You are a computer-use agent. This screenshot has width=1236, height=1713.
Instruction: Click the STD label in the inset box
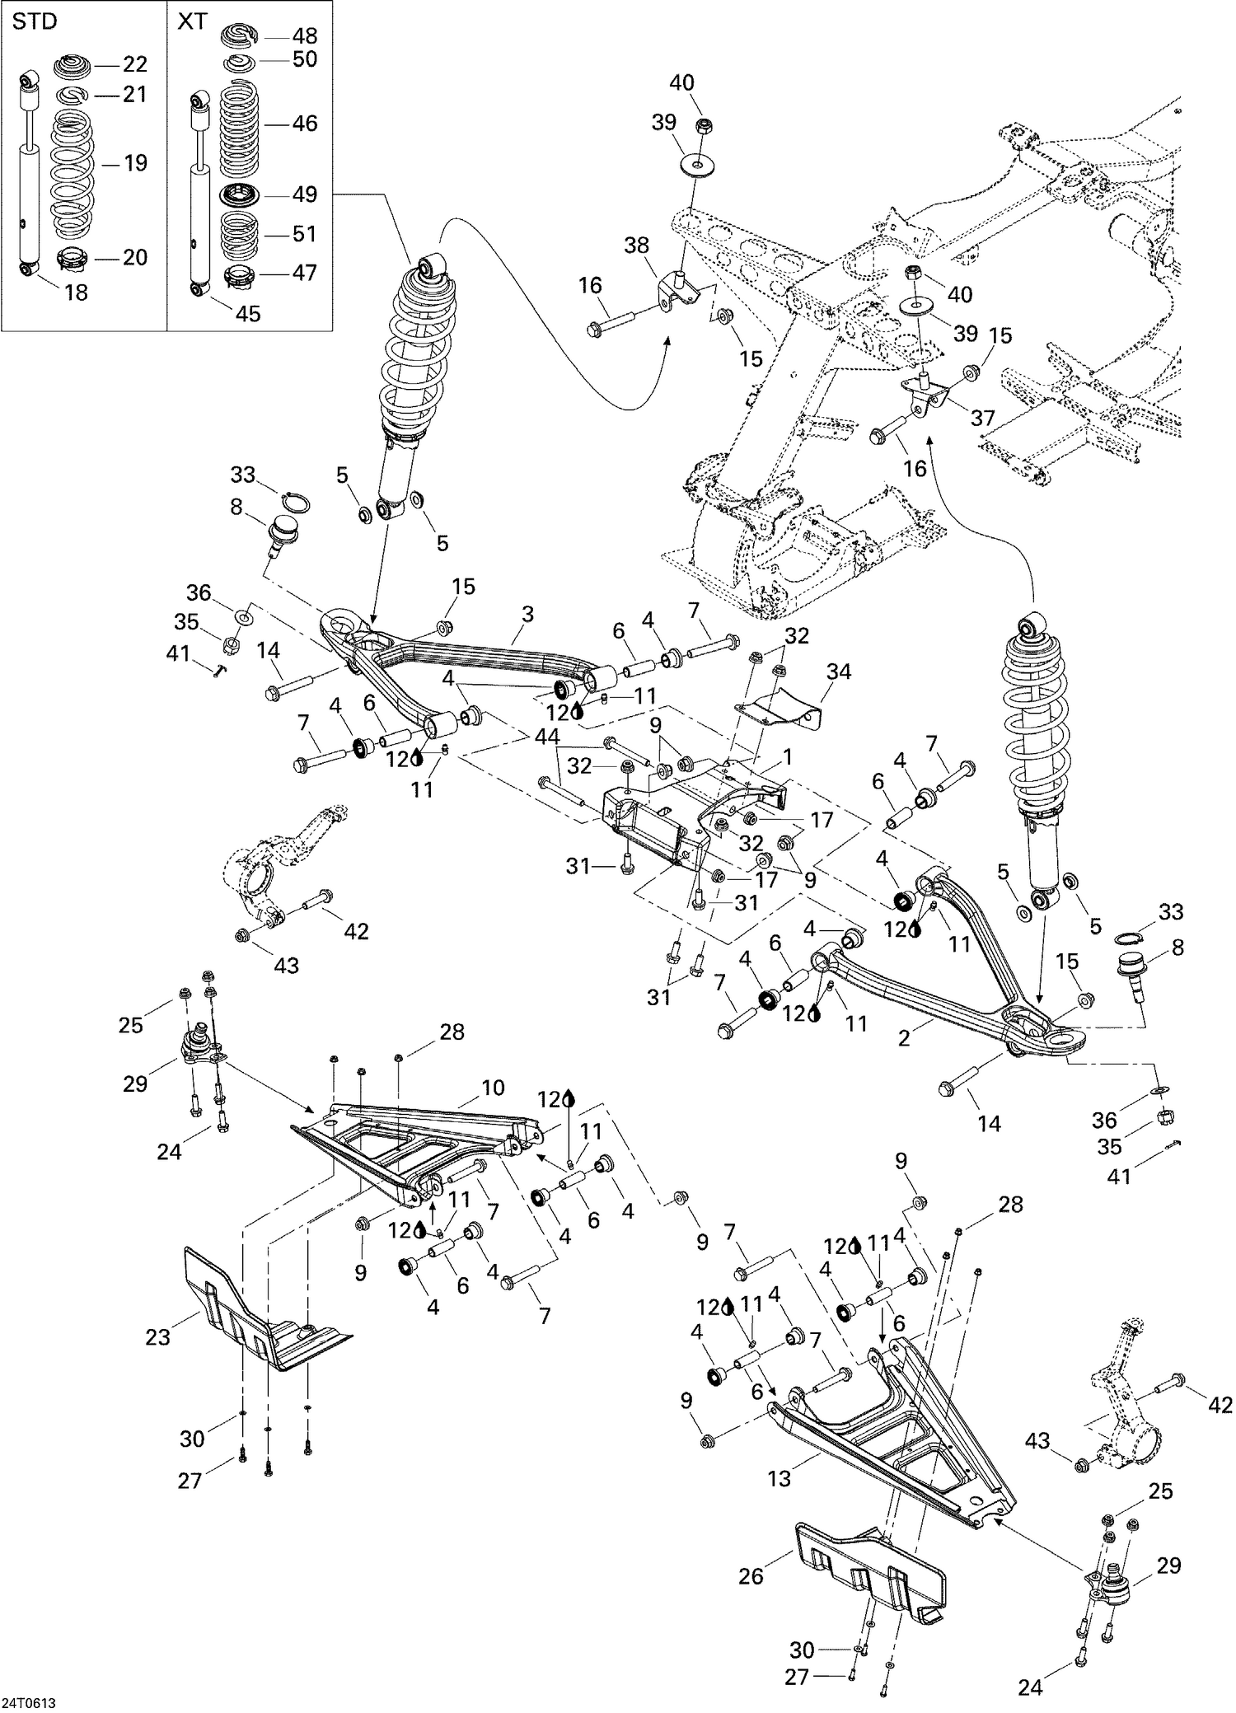35,22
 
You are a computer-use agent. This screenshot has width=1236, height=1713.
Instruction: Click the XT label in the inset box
193,22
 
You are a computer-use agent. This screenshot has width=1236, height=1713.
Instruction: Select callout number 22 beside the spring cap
134,64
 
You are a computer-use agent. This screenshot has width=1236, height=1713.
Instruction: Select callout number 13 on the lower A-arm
779,1478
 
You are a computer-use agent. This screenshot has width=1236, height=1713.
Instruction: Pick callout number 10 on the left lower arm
493,1088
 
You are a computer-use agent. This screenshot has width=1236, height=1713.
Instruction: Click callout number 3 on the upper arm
527,614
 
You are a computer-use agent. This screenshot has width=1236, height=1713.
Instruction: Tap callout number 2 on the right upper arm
904,1039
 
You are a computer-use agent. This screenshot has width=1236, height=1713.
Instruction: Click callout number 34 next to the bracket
839,672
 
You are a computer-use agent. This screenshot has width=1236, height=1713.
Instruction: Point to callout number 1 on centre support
788,755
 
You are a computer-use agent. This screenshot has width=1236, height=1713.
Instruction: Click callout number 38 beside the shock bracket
636,245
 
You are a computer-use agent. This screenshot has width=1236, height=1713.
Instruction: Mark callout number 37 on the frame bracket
983,418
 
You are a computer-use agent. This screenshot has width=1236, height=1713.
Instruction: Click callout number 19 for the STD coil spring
135,162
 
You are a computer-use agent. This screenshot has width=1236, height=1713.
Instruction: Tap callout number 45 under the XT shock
247,313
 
